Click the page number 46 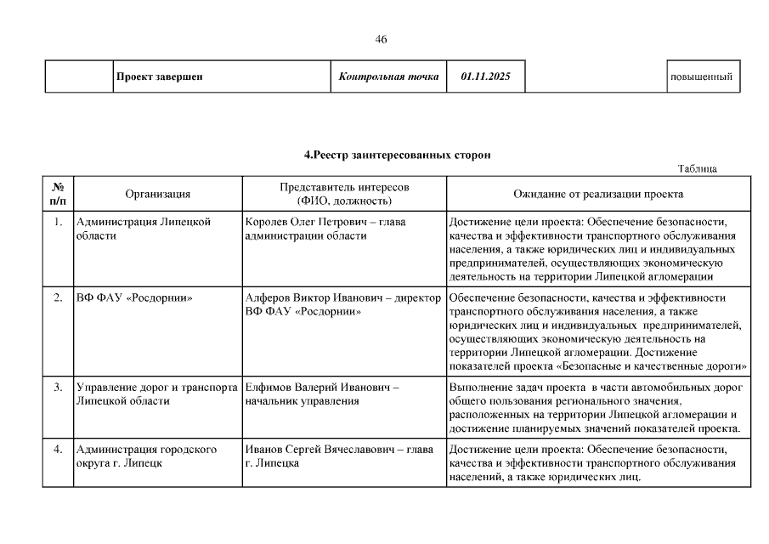tap(381, 40)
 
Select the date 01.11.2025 tap(486, 77)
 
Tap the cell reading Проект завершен tap(159, 77)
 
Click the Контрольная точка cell tap(388, 77)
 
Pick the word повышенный tap(701, 77)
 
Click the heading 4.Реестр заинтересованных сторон tap(397, 155)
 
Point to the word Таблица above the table tap(698, 168)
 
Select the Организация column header tap(158, 194)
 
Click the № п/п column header tap(58, 194)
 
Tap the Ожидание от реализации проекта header tap(598, 194)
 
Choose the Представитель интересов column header tap(344, 194)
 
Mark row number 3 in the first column tap(58, 388)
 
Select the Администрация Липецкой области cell tap(143, 229)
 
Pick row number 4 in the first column tap(58, 449)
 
